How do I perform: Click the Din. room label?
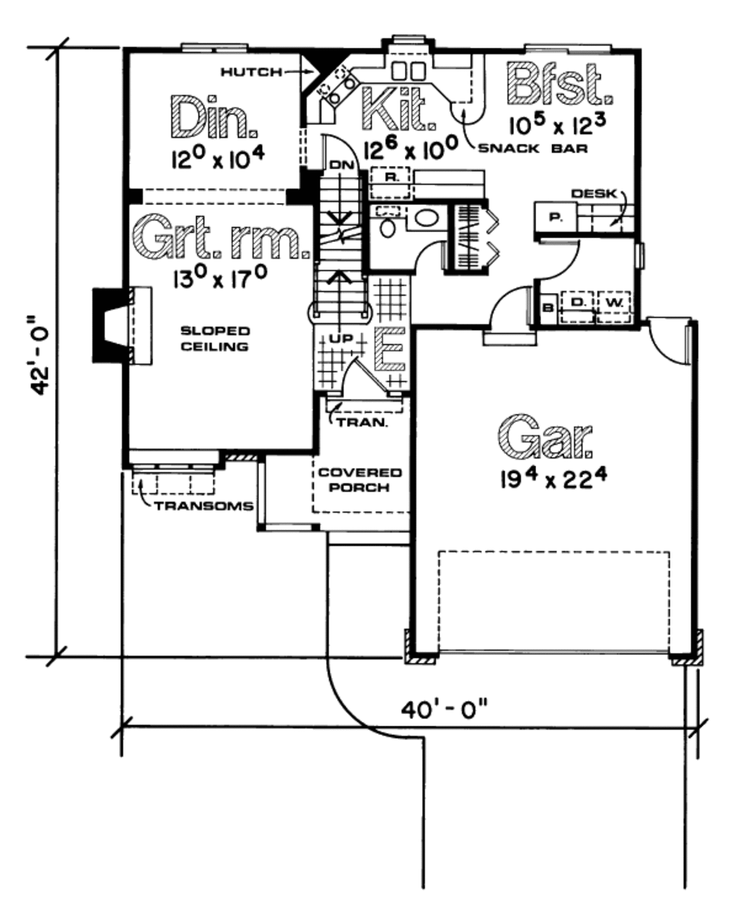(x=214, y=118)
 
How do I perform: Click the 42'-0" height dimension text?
(x=40, y=354)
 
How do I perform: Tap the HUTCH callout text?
(x=249, y=71)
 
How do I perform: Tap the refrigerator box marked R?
(x=389, y=177)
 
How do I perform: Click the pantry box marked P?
(x=555, y=216)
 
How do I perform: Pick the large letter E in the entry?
(x=390, y=352)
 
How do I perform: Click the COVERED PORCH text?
(x=360, y=480)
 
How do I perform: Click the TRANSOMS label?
(x=203, y=505)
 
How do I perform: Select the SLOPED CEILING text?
(x=215, y=339)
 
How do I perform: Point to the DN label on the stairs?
(x=338, y=166)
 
